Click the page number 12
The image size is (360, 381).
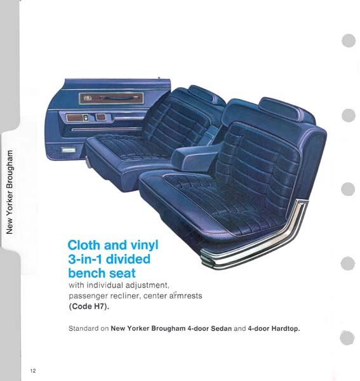coord(33,371)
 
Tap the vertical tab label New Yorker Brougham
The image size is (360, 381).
coord(10,192)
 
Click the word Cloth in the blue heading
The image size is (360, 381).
coord(84,245)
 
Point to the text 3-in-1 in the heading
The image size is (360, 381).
coord(85,259)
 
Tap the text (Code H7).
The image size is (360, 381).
coord(89,307)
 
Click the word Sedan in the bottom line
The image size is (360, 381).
coord(221,328)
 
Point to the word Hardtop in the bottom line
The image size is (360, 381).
coord(286,329)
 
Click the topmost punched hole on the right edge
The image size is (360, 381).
coord(349,41)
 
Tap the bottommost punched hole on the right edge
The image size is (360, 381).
coord(347,338)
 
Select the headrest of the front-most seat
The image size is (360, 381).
coord(286,109)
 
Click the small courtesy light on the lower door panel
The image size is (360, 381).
coord(69,150)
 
